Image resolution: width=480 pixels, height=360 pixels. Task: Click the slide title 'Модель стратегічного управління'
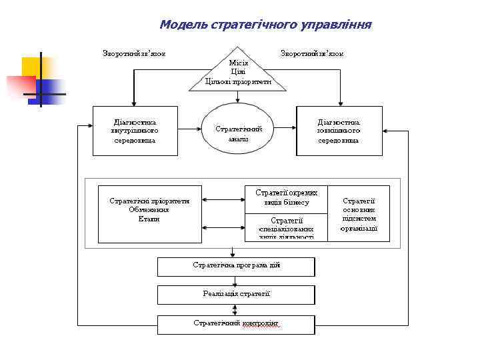coord(265,25)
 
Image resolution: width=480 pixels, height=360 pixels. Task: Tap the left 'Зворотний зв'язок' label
coord(134,53)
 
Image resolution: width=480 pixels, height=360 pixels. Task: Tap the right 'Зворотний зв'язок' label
coord(313,53)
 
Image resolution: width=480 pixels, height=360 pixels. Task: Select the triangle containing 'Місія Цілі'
coord(239,73)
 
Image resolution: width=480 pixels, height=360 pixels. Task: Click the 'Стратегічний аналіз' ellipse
coord(238,131)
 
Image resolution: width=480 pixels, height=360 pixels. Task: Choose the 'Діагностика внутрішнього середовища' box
coord(135,131)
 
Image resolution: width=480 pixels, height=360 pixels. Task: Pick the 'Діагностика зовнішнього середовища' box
coord(339,131)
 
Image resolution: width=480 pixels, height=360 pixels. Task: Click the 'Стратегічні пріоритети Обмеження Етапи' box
coord(149,213)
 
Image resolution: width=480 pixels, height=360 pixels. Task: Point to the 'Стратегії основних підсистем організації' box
coord(359,213)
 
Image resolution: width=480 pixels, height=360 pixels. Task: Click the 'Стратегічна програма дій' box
coord(235,266)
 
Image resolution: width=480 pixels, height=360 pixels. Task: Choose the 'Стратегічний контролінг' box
coord(235,324)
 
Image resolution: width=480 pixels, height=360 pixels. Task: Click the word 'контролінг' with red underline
coord(261,323)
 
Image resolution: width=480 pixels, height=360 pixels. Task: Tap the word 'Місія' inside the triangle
coord(239,63)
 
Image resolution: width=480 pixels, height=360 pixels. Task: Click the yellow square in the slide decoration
coord(32,67)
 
